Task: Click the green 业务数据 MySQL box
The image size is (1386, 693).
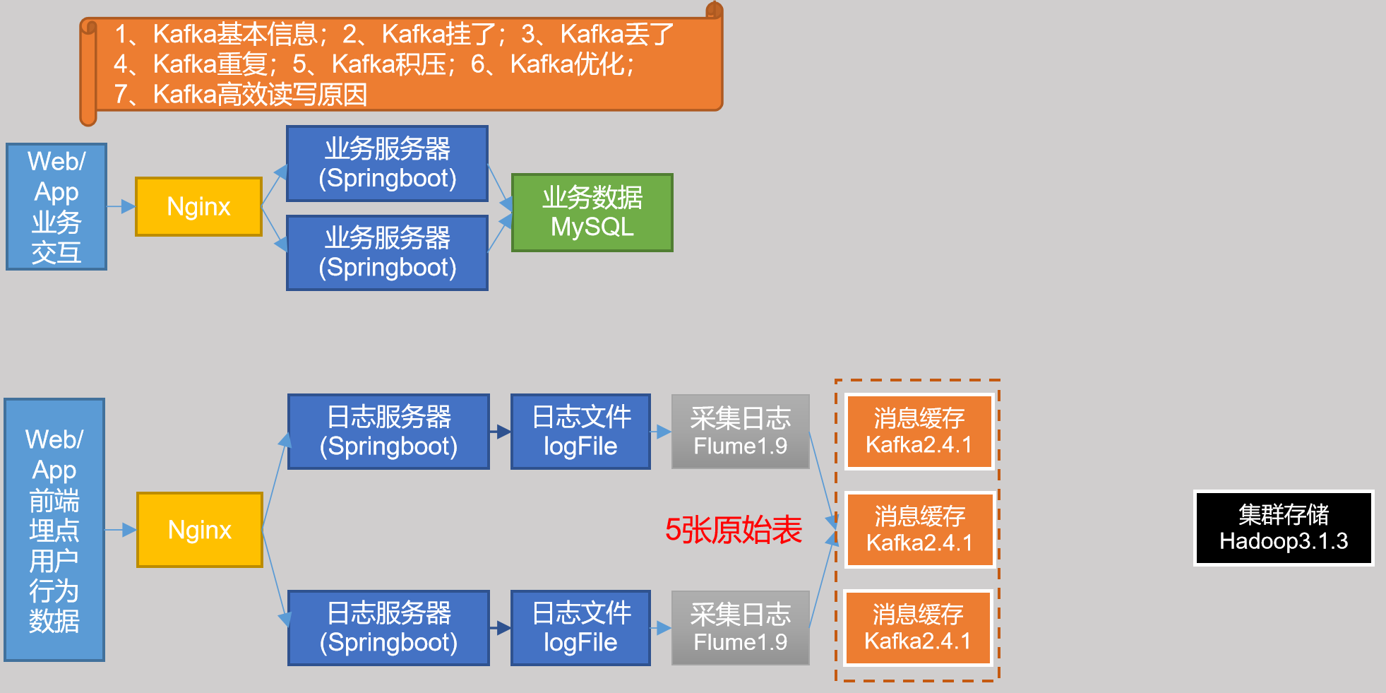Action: pos(592,213)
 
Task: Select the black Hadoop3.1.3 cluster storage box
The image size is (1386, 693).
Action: pos(1283,528)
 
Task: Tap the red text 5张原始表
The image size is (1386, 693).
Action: pos(733,530)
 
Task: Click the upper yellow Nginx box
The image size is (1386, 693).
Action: pos(198,206)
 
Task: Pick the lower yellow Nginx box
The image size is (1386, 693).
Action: pos(200,530)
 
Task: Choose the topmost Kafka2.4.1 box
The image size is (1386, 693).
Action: pos(919,431)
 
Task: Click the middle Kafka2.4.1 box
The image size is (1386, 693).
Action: pos(919,529)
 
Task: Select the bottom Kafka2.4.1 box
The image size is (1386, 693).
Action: pos(918,627)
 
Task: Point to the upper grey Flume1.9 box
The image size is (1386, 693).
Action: pos(740,431)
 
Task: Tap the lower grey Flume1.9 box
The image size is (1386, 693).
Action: pos(740,627)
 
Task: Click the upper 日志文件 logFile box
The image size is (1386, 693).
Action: pos(580,431)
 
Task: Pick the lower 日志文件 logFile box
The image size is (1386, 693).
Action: pos(580,627)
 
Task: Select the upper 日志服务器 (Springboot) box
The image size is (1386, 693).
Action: pos(388,431)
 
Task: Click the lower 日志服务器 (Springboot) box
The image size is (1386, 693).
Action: pos(388,627)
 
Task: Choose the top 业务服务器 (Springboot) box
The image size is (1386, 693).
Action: pos(387,163)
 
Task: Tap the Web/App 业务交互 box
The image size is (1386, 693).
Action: pos(56,206)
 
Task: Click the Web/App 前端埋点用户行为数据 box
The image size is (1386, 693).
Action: pos(54,530)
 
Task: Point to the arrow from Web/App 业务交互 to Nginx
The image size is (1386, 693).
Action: pos(121,206)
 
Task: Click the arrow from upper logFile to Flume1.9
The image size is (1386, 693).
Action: pos(661,432)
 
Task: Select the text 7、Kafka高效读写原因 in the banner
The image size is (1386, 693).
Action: pos(240,94)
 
